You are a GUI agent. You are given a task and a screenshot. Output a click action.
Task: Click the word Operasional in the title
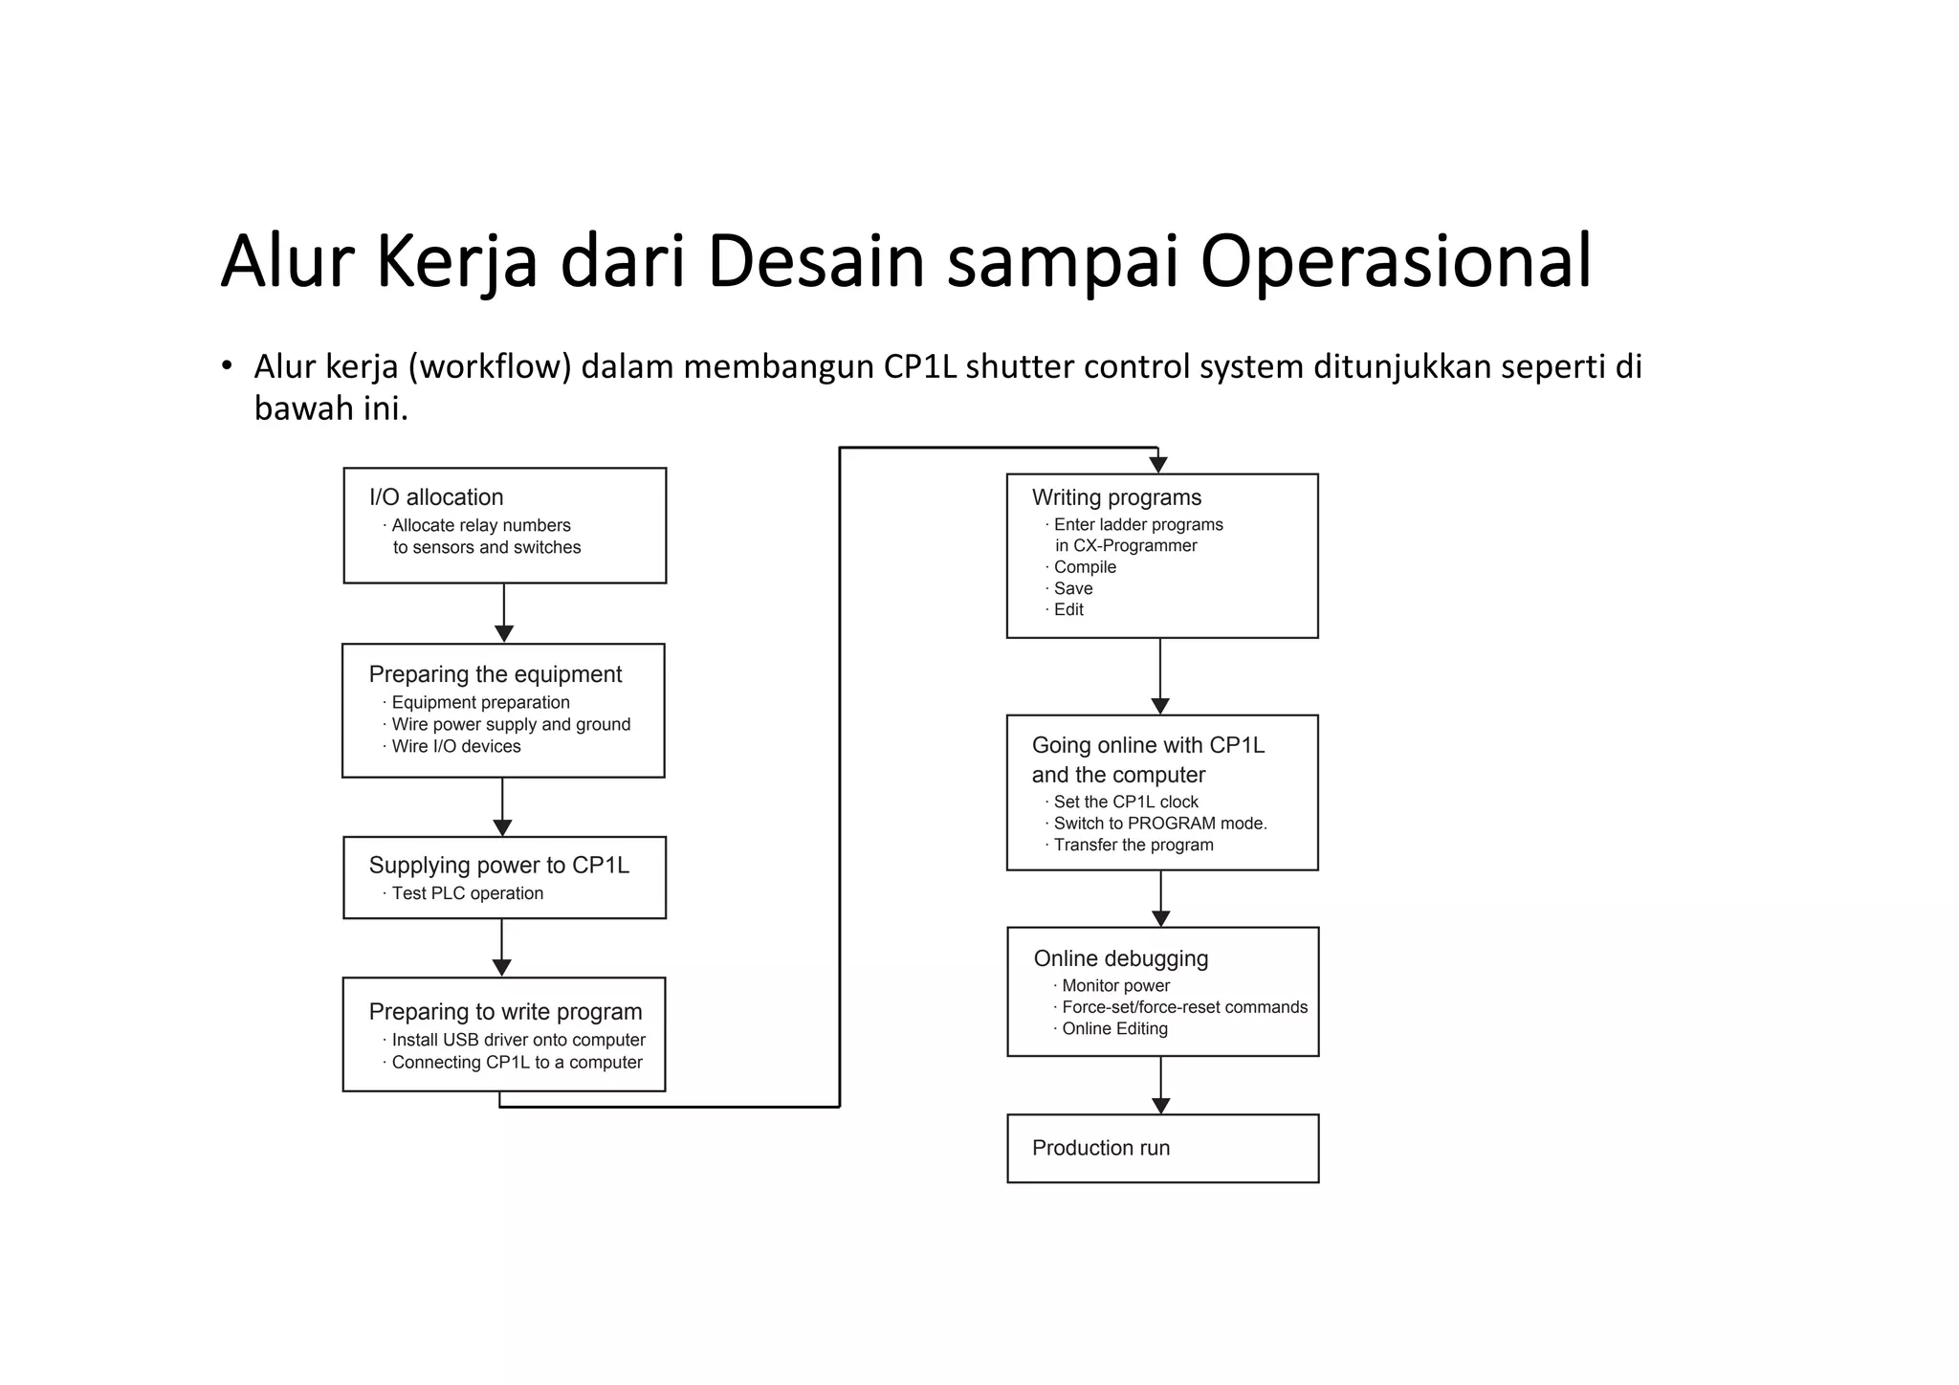1396,261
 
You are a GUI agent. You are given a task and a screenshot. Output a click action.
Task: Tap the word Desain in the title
815,261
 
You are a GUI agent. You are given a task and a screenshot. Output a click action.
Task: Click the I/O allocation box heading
436,497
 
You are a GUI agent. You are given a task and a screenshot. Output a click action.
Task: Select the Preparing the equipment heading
495,674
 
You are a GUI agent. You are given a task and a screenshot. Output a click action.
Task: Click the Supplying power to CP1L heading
498,866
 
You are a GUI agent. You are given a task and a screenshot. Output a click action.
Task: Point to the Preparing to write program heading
505,1012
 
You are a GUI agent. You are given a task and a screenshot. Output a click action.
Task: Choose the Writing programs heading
1116,497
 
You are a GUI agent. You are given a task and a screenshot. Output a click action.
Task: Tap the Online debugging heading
1120,958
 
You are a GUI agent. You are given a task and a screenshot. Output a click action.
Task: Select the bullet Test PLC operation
467,893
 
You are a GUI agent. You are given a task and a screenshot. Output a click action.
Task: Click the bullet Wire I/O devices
455,746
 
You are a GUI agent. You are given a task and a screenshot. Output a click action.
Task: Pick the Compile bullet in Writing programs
1084,567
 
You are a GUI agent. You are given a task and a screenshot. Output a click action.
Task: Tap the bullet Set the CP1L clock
1125,802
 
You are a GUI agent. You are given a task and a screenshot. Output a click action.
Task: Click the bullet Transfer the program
1133,845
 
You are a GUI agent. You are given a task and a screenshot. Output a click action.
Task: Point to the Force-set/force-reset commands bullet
1183,1007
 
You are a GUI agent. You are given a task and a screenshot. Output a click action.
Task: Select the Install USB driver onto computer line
517,1040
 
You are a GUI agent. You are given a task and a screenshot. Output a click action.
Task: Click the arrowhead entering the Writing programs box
1158,465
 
